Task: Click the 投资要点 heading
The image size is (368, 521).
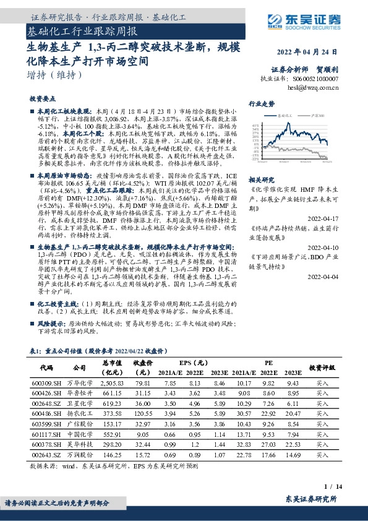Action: (42, 98)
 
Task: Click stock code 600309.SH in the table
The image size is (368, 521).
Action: (45, 383)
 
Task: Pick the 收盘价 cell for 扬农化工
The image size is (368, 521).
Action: (144, 413)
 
